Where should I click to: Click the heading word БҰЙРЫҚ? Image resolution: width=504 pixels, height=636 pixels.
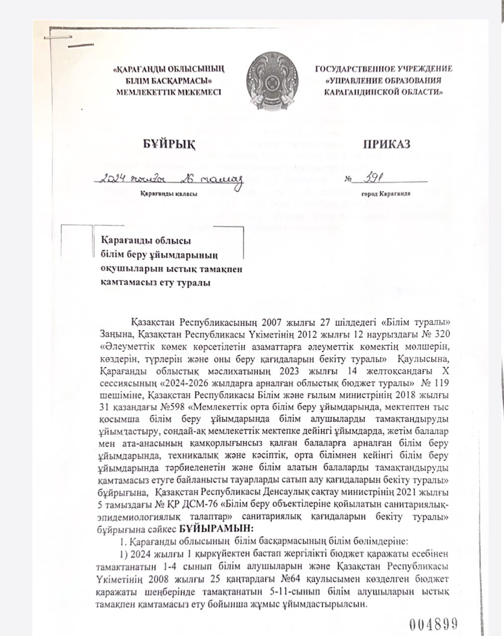(167, 144)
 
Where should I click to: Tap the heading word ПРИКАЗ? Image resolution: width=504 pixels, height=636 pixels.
(386, 144)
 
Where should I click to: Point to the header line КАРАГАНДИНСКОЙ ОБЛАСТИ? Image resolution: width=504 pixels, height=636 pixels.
(384, 92)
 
